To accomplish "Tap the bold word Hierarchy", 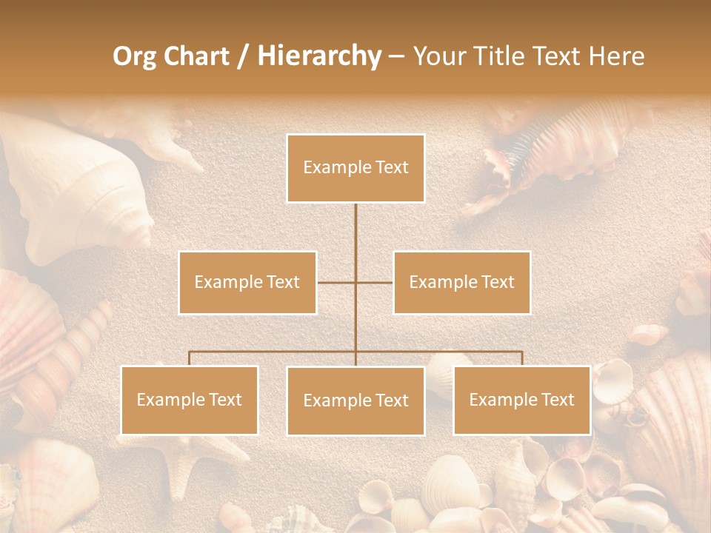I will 318,56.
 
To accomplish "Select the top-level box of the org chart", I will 355,168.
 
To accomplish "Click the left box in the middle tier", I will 247,282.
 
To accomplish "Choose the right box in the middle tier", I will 461,282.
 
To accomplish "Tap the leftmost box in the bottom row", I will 190,400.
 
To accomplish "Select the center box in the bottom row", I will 355,400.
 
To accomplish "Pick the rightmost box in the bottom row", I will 521,400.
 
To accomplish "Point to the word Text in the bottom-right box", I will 557,400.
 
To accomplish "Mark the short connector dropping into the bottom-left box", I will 190,358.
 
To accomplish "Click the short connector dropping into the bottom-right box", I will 521,358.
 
